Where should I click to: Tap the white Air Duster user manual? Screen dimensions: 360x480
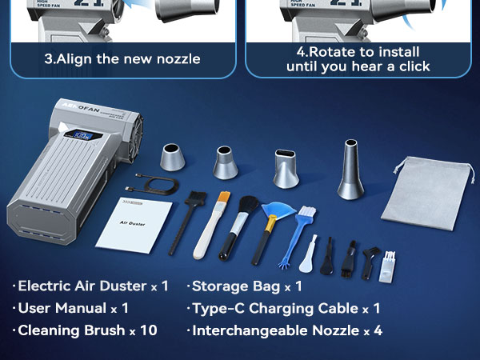point(134,223)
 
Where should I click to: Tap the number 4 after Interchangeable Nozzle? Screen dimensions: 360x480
point(378,330)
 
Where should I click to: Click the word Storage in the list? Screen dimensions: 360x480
point(219,286)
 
